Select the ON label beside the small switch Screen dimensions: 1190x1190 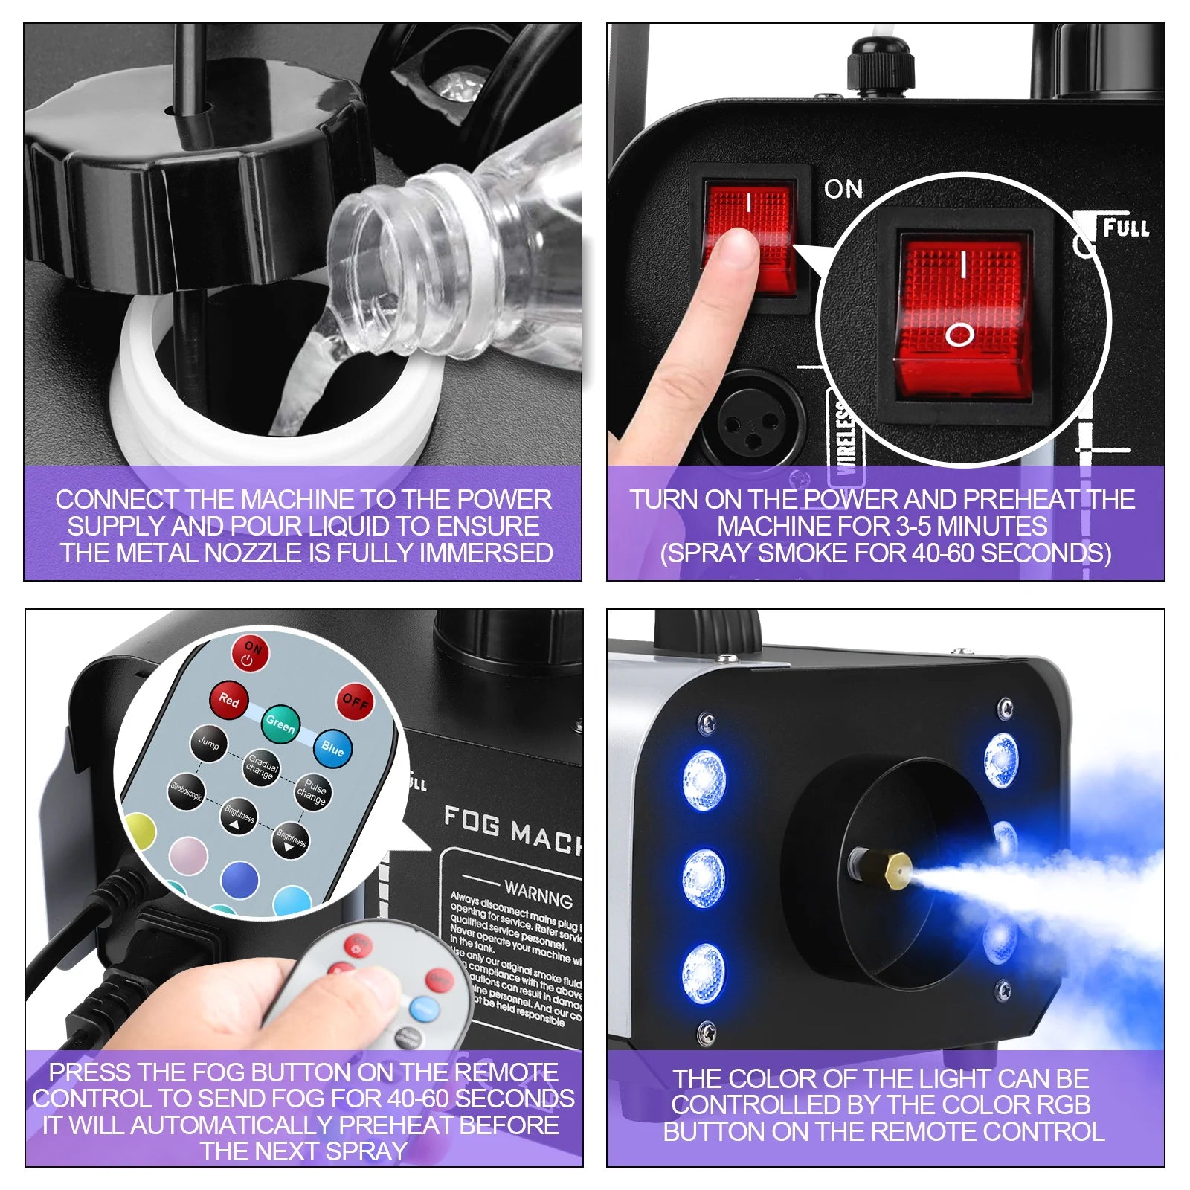843,190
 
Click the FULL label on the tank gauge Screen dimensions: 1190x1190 1125,228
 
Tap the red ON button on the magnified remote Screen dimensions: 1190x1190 250,653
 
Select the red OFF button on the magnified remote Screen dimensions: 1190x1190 355,701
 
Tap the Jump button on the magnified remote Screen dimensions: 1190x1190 208,744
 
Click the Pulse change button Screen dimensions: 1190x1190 312,792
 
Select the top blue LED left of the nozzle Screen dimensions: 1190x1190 704,779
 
